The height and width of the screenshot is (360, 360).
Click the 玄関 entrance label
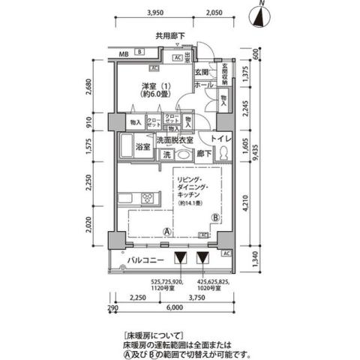tap(201, 72)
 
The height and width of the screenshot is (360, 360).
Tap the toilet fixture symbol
tap(223, 153)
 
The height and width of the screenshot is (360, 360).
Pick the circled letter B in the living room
tap(214, 217)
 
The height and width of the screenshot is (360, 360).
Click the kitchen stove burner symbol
tap(147, 199)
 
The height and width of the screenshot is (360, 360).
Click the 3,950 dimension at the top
tap(155, 13)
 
